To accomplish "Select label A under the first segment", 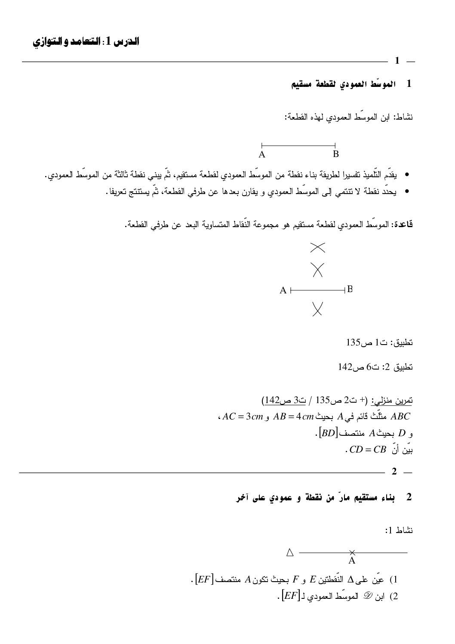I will pos(262,154).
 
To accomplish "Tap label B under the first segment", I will pos(336,154).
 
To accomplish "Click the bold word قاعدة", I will pos(403,225).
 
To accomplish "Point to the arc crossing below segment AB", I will pos(317,309).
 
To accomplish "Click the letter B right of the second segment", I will pos(350,290).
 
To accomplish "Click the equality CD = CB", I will pos(367,450).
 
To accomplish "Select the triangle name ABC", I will pos(399,417).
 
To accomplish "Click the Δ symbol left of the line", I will pos(289,552).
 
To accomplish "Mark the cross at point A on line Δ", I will pos(352,552).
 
